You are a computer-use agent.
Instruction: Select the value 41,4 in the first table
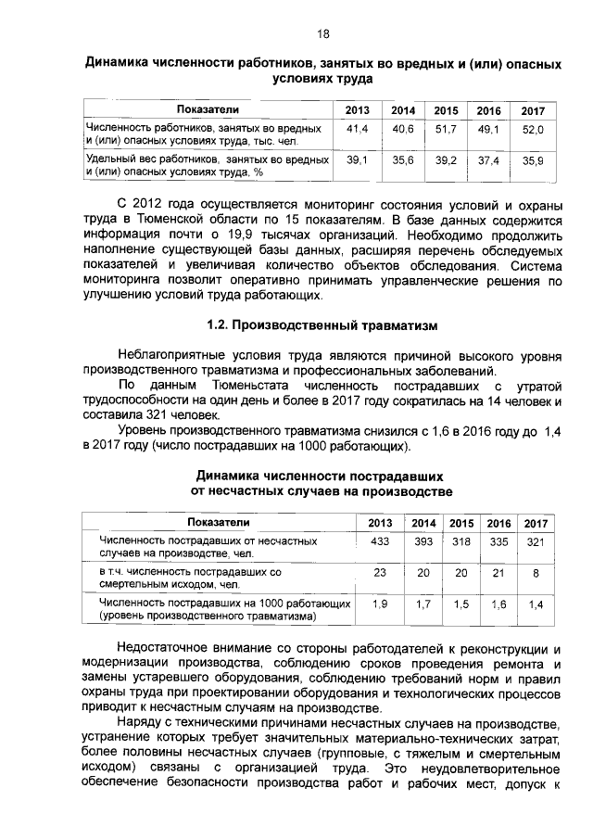pyautogui.click(x=357, y=130)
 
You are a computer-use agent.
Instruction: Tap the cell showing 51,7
pyautogui.click(x=447, y=130)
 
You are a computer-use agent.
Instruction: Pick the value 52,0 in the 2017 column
pyautogui.click(x=533, y=131)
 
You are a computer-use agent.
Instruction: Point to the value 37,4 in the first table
pyautogui.click(x=488, y=160)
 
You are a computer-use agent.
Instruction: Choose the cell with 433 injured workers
pyautogui.click(x=379, y=541)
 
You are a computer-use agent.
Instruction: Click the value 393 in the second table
pyautogui.click(x=423, y=541)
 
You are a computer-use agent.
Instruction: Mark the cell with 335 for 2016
pyautogui.click(x=499, y=541)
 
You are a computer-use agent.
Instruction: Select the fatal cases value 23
pyautogui.click(x=379, y=573)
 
